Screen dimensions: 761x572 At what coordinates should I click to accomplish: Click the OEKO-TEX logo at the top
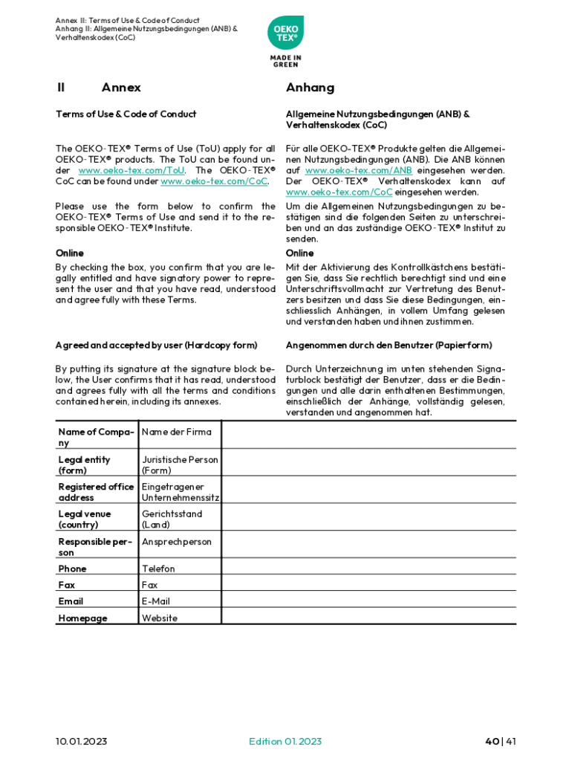(285, 34)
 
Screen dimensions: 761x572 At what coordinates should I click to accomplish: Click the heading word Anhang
(310, 88)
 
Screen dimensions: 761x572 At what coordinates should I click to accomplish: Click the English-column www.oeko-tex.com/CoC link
(214, 181)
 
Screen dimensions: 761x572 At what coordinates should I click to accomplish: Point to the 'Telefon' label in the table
(158, 569)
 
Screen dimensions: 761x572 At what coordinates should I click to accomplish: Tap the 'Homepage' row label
(82, 618)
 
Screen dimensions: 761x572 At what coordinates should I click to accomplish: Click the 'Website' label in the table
(160, 618)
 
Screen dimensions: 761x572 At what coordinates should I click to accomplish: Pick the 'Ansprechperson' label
(177, 542)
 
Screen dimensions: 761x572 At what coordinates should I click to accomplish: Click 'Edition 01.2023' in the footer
(285, 741)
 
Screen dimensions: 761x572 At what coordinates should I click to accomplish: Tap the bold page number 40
(491, 741)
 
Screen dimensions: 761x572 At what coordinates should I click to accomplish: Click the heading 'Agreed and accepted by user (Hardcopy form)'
(156, 345)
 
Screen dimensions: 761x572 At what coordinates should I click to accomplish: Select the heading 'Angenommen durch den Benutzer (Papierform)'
(389, 345)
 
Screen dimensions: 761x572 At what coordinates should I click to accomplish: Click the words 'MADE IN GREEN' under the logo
(285, 61)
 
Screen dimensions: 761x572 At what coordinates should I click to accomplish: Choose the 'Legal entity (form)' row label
(84, 464)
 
